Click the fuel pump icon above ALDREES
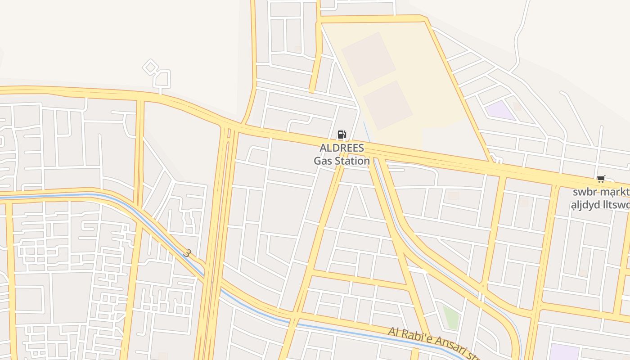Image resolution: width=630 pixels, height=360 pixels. (342, 134)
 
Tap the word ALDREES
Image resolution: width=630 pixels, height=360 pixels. (342, 148)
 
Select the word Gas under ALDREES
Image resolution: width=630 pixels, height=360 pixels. (322, 161)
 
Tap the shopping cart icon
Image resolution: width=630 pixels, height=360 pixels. (601, 179)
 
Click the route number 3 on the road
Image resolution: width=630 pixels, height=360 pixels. (187, 253)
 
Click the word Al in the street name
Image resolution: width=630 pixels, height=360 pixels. (394, 333)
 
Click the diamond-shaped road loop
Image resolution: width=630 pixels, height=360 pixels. (150, 67)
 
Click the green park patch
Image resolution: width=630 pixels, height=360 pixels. (450, 317)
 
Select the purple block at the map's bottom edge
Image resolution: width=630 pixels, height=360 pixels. (564, 352)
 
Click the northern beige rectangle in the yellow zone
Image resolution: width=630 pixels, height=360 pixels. (368, 58)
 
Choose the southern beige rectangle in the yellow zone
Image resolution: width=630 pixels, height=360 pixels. (387, 105)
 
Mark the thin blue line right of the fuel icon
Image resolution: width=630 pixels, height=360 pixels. (366, 131)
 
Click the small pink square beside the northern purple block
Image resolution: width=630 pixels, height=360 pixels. (517, 107)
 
